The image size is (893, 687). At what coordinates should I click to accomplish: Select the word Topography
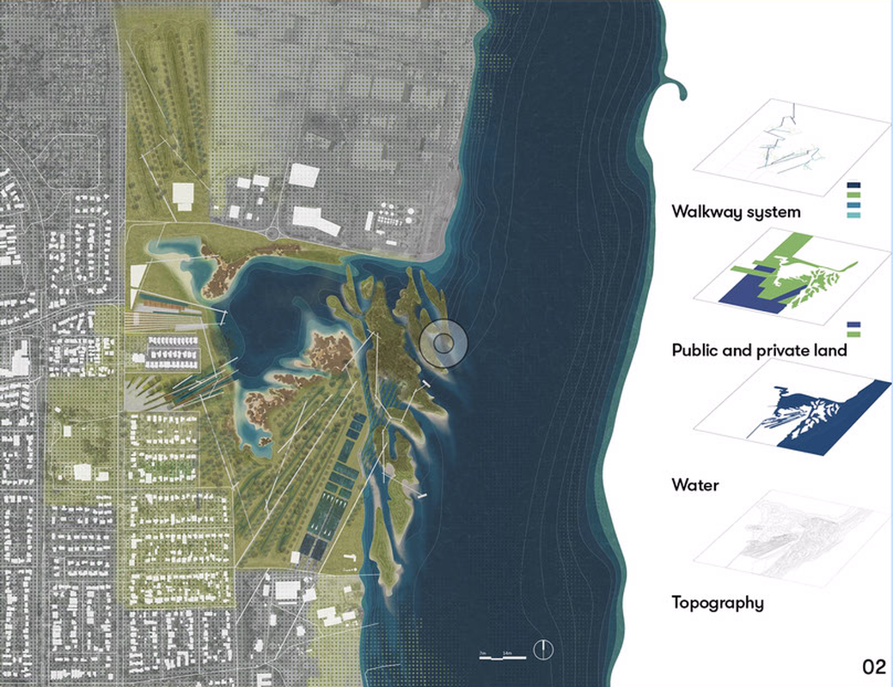(x=718, y=602)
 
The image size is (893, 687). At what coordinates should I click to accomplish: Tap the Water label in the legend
(x=695, y=485)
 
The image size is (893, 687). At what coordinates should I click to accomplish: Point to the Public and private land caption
(x=760, y=350)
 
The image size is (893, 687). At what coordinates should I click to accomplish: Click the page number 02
(x=874, y=666)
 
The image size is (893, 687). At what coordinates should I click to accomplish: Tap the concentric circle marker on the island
(x=443, y=343)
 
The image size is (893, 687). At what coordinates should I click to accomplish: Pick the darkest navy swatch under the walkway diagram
(x=853, y=185)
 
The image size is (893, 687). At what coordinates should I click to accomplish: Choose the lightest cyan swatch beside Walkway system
(x=853, y=217)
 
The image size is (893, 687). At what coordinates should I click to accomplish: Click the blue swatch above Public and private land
(x=853, y=323)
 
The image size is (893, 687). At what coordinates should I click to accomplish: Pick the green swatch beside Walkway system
(x=853, y=196)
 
